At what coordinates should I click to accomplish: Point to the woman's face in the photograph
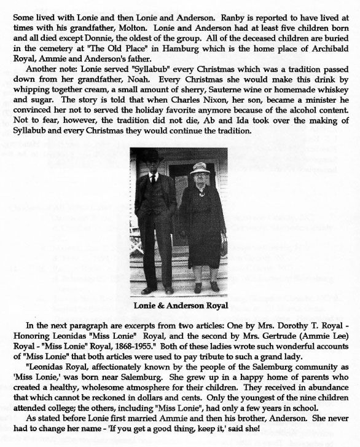201,176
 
